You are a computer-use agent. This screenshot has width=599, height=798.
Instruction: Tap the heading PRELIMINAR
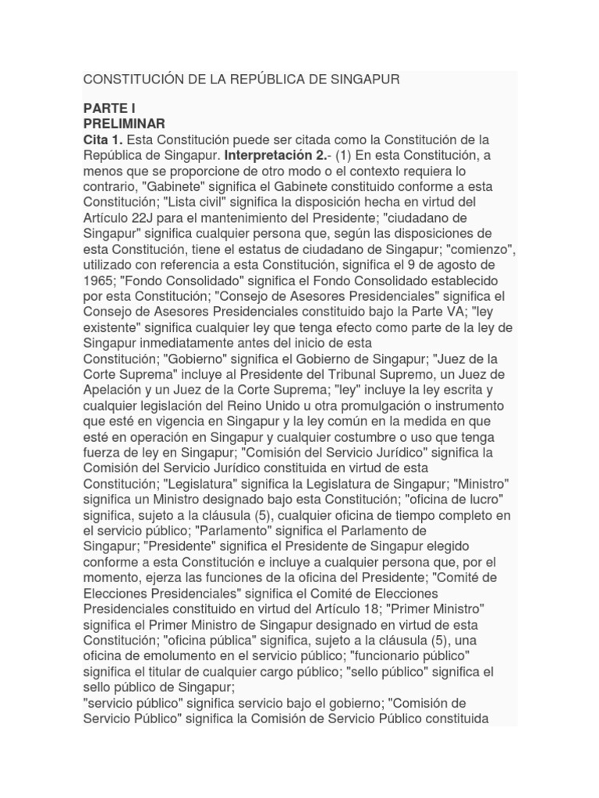tap(124, 124)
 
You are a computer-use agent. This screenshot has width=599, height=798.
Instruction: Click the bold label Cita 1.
tap(103, 139)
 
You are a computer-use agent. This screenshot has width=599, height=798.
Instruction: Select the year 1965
tap(97, 280)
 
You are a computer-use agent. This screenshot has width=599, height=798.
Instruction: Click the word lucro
tap(484, 498)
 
